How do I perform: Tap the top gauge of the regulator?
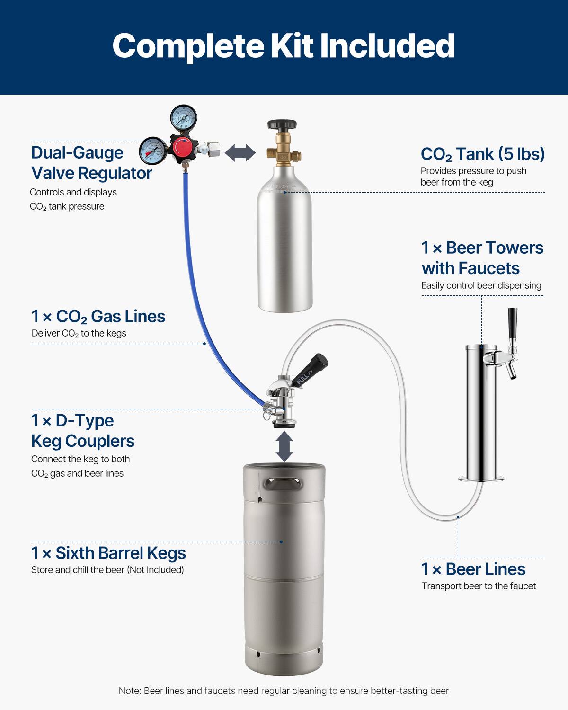(x=183, y=117)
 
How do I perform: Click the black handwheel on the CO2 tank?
(x=282, y=125)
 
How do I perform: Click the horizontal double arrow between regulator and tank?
(x=240, y=153)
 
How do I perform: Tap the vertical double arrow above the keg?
(x=284, y=446)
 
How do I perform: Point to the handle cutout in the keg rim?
(x=283, y=484)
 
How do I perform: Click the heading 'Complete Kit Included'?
(x=284, y=46)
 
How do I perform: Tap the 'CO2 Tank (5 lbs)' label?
(x=482, y=154)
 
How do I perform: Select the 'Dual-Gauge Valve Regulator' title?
(x=91, y=163)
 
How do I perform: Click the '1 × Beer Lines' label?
(x=473, y=569)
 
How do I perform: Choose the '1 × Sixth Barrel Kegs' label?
(x=108, y=553)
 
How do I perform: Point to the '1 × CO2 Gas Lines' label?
(x=98, y=316)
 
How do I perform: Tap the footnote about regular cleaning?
(x=284, y=691)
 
